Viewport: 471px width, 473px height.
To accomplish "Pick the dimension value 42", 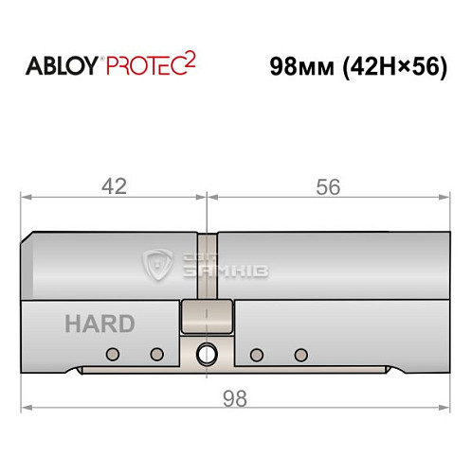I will point(114,186).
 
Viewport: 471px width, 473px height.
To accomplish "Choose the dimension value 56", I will point(328,186).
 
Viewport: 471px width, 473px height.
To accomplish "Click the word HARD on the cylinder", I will point(100,324).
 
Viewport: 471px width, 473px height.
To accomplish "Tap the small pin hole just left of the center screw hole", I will point(157,355).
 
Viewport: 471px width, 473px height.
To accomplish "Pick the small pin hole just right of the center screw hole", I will point(255,355).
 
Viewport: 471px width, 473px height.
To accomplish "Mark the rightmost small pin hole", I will point(300,355).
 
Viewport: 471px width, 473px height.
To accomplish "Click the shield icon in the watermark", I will point(156,266).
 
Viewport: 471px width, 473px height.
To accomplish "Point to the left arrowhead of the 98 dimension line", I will point(27,409).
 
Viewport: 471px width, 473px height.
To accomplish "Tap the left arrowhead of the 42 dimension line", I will point(27,198).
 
